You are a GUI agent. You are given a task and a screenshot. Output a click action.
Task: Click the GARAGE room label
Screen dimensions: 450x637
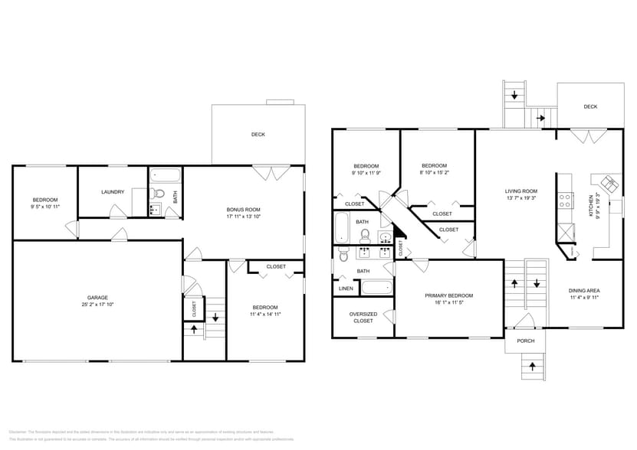97,297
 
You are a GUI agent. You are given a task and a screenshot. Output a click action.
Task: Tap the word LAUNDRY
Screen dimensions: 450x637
113,191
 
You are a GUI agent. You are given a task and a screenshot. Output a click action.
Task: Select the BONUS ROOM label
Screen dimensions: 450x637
243,209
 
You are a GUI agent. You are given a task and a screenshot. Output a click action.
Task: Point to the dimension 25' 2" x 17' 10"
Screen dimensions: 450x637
97,305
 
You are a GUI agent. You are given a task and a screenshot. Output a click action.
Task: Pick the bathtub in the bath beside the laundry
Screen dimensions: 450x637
163,174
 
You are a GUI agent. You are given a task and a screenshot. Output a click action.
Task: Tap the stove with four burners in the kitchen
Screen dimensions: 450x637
566,201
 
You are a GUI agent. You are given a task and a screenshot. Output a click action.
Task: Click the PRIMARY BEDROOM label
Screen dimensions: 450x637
449,295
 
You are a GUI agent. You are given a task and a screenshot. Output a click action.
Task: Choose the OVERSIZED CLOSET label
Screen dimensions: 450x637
363,317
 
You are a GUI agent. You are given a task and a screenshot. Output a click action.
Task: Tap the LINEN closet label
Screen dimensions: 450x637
346,289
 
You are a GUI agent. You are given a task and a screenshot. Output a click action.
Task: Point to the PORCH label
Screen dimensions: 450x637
526,341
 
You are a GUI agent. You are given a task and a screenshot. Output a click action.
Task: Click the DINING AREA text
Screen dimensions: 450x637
583,291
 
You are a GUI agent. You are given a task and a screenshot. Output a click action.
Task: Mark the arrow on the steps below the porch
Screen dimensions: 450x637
530,369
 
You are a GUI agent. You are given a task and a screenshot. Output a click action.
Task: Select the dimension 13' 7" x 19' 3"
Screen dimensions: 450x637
520,199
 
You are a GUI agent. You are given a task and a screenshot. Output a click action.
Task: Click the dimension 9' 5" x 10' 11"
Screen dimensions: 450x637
44,207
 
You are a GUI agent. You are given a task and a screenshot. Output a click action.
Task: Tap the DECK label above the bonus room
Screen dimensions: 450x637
258,134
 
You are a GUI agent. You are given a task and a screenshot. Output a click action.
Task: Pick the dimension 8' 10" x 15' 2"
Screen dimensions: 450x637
434,173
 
